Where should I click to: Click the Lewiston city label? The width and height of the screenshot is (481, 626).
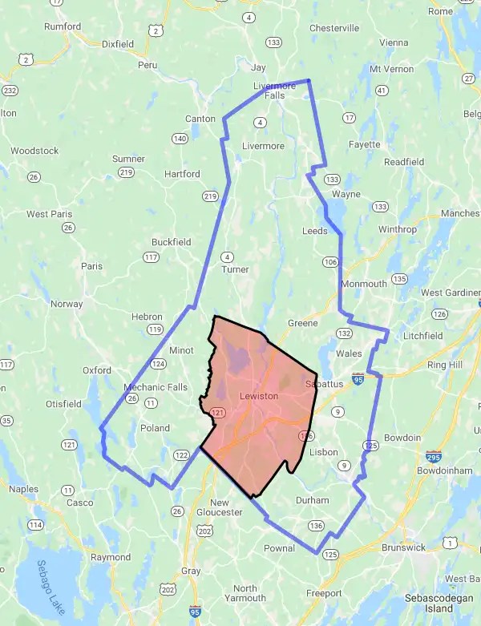(x=259, y=396)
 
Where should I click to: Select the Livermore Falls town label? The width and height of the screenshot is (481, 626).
(x=264, y=91)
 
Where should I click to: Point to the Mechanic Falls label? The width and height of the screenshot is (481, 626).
(x=156, y=387)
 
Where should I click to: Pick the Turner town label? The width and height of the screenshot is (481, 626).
(x=235, y=269)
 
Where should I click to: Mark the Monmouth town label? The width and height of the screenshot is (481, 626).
(x=364, y=284)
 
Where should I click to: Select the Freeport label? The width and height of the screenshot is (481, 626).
(x=324, y=593)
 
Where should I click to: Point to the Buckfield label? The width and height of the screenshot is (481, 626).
(x=171, y=241)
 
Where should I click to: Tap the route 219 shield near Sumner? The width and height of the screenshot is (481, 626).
(x=126, y=172)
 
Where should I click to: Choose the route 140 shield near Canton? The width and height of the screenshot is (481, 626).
(x=180, y=139)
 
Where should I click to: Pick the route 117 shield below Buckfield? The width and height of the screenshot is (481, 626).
(x=150, y=257)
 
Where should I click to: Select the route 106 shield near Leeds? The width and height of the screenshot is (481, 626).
(x=330, y=261)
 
